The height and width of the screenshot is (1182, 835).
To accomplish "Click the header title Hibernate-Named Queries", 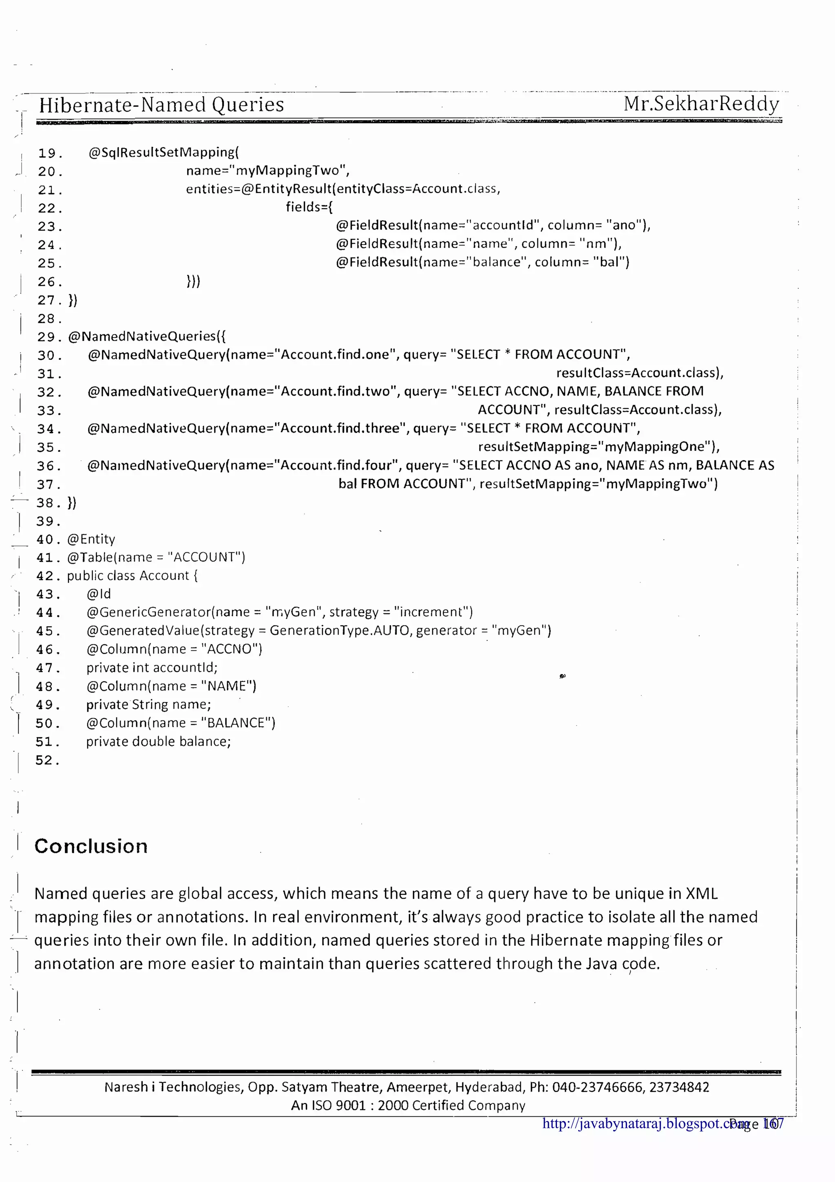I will tap(161, 105).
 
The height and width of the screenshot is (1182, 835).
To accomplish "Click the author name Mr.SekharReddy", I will tap(701, 104).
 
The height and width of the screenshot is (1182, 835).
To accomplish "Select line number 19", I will tap(50, 153).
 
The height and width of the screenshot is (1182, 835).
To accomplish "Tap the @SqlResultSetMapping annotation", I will tap(163, 153).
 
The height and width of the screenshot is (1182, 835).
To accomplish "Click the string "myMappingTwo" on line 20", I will tap(290, 170).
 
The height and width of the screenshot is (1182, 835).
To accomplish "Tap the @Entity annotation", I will tap(91, 539).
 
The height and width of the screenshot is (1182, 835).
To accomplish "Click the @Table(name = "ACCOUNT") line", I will tap(156, 557).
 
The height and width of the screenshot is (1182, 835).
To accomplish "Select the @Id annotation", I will tap(98, 594).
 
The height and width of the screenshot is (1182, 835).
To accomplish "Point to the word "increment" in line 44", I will tap(431, 612).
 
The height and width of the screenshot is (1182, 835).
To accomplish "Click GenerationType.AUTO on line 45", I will tap(340, 631).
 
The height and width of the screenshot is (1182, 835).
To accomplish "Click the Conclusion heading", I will tap(91, 846).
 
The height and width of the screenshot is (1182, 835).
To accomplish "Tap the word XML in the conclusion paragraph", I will tap(701, 894).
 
